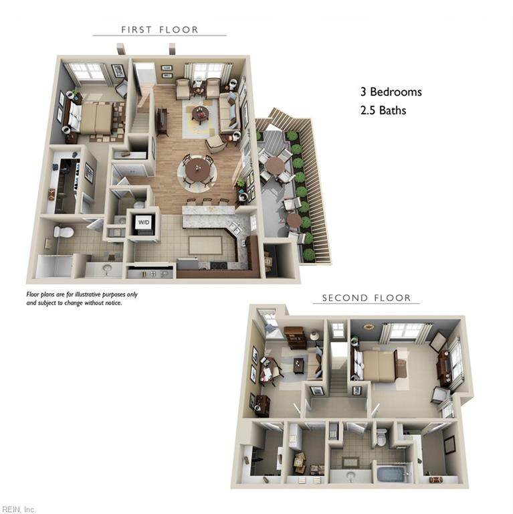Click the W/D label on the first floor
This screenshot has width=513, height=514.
pos(144,223)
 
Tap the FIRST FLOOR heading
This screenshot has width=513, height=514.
pos(160,30)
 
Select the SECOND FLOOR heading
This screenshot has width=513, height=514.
pos(367,298)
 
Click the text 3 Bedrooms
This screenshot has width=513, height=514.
pos(391,92)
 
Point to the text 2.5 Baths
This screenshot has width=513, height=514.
pos(383,110)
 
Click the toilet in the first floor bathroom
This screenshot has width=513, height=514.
pos(64,232)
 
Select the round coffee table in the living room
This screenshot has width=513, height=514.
pos(201,113)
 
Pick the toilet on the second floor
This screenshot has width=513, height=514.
pos(382,438)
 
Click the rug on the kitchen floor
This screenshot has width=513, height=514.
pos(205,246)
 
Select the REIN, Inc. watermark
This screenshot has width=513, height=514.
pos(17,509)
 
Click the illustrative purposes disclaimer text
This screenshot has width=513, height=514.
pos(82,298)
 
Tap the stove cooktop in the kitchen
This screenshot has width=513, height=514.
pos(219,265)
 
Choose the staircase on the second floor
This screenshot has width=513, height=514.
pos(339,377)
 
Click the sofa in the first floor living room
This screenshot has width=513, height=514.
pos(229,113)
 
